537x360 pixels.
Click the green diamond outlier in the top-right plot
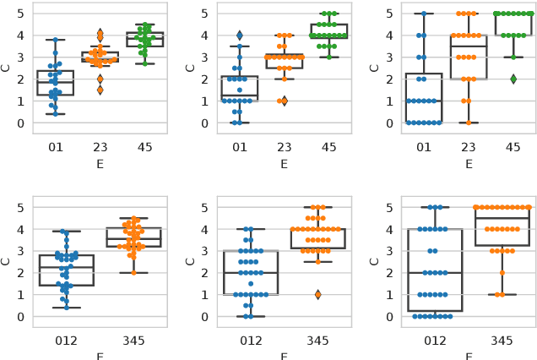[513, 79]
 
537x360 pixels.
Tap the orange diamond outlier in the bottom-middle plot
[317, 294]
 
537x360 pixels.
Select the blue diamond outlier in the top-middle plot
[240, 35]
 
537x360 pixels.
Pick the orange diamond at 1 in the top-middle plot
[284, 101]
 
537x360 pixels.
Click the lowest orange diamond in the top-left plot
[100, 90]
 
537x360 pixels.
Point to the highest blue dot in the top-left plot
[56, 40]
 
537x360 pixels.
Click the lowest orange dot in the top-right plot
[469, 123]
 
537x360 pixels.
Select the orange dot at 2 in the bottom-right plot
[502, 272]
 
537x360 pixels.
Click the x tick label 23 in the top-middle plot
[284, 145]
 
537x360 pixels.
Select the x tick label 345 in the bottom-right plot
[502, 340]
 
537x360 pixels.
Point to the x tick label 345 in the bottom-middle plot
[317, 340]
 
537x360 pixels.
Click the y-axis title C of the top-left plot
[8, 68]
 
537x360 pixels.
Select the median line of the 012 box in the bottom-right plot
[435, 273]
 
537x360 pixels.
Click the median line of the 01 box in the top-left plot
[56, 82]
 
